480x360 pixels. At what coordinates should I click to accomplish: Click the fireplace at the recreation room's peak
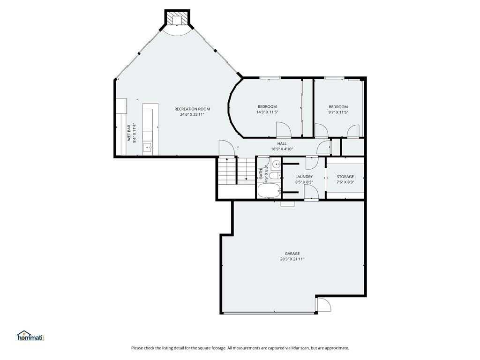177,18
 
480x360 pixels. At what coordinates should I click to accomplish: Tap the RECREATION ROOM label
192,109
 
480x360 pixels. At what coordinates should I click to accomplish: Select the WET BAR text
129,133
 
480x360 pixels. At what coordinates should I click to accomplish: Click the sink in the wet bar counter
148,147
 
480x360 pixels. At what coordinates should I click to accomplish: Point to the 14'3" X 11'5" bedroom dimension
267,112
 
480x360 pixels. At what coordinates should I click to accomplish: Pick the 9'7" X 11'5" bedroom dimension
338,112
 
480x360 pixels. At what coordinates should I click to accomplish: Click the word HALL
282,143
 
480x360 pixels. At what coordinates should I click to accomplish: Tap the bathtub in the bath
269,190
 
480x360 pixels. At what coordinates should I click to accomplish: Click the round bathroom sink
277,165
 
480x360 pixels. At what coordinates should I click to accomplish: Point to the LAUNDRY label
304,177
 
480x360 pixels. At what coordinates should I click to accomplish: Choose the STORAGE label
345,177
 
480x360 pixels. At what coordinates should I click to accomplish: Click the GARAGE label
292,254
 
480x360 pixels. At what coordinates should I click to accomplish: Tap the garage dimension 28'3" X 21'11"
292,259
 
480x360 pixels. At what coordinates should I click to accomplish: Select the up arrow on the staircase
227,172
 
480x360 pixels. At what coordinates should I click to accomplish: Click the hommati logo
31,336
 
